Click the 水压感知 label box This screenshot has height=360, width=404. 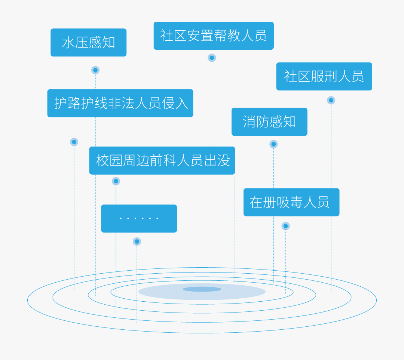tap(88, 43)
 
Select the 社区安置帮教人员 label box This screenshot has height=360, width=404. tap(214, 36)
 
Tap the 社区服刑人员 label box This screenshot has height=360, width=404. tap(324, 76)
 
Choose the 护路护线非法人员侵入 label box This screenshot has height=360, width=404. tap(120, 103)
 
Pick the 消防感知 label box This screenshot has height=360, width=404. tap(269, 122)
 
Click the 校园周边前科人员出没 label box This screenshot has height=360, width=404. tap(162, 160)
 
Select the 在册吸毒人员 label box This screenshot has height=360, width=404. tap(291, 202)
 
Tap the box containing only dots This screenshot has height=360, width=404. tap(139, 218)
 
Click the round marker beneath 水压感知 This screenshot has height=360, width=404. tap(95, 70)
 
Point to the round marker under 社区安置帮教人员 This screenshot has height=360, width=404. tap(212, 58)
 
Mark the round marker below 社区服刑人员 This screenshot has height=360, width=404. tap(331, 100)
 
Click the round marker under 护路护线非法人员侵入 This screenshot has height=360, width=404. tap(74, 142)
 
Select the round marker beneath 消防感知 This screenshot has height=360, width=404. tap(273, 144)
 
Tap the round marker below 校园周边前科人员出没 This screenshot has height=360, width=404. tap(116, 181)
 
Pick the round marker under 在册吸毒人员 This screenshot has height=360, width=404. tap(286, 226)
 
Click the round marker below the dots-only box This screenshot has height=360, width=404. tap(137, 241)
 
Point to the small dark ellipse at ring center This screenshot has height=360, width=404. tap(202, 289)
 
